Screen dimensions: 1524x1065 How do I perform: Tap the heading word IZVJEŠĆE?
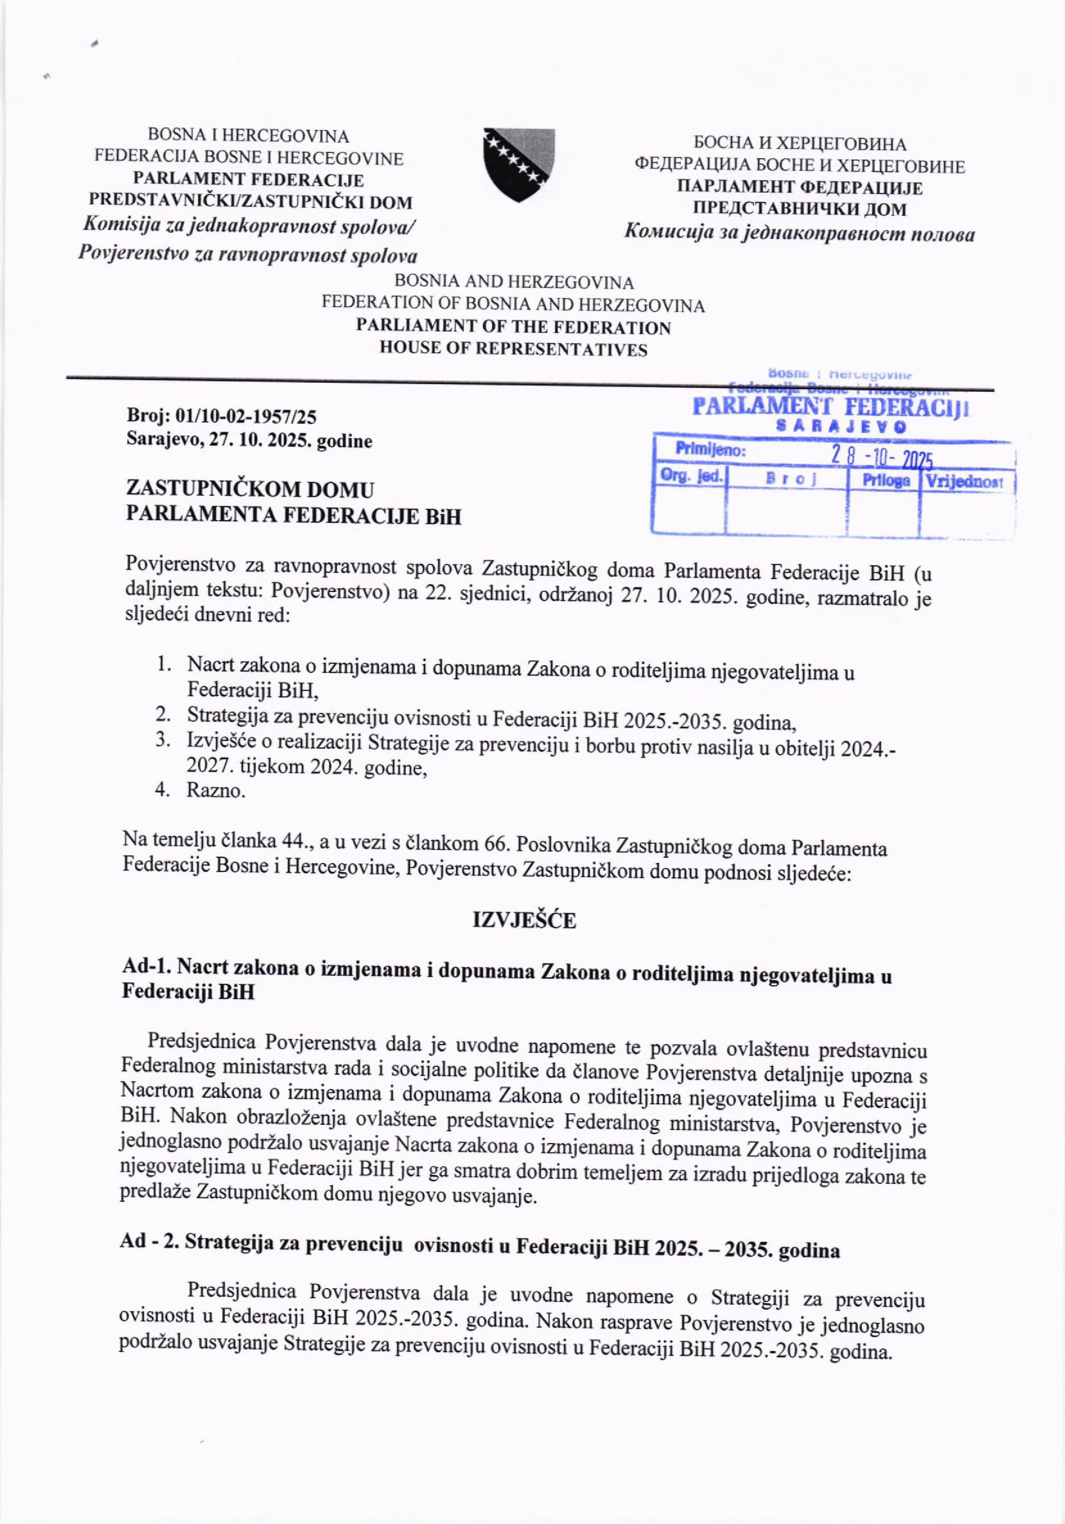point(524,921)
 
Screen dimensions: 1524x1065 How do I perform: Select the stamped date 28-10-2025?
point(882,456)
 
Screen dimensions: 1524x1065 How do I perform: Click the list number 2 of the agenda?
point(161,714)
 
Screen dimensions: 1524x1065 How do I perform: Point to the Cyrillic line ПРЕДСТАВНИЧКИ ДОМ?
point(800,210)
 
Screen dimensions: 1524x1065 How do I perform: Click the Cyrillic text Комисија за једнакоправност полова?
point(800,234)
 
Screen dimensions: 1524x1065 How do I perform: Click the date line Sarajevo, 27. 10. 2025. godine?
point(249,441)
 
